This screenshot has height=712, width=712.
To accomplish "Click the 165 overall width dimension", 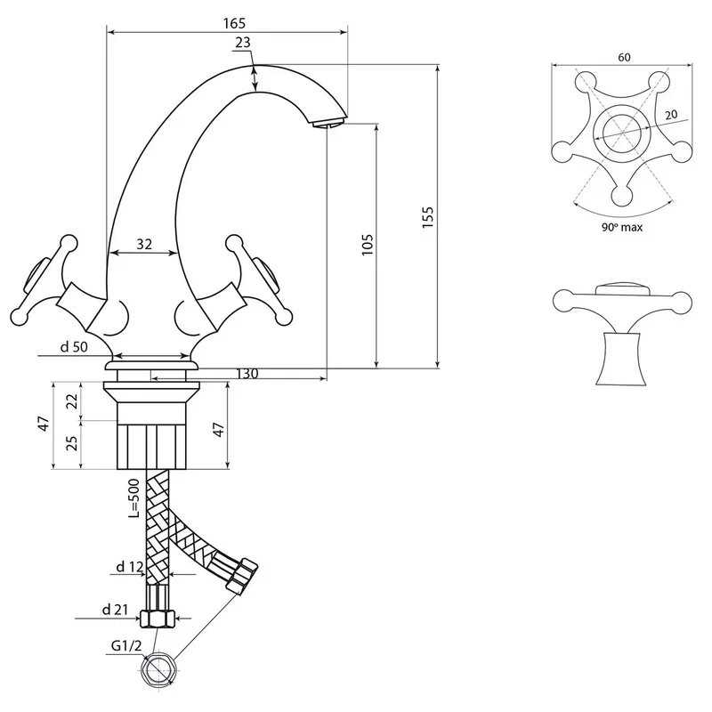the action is [234, 23].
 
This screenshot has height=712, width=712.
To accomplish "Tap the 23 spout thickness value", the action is [243, 42].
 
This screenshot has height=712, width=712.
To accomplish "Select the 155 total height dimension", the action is [428, 217].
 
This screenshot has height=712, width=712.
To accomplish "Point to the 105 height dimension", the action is [368, 245].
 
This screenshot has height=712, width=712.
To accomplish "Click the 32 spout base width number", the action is [144, 244].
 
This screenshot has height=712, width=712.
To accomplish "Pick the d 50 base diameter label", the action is [74, 347].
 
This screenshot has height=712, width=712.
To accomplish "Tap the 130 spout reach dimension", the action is [247, 374].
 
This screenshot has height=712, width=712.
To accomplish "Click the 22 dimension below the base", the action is [72, 401].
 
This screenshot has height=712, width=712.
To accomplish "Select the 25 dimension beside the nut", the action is [72, 443].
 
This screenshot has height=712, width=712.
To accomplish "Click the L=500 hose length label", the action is [134, 499].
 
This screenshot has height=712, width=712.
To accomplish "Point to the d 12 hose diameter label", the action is [130, 567].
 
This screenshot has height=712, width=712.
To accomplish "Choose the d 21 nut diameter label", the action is [116, 610].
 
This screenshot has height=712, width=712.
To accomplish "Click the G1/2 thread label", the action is [126, 645].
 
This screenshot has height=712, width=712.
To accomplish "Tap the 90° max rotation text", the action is [622, 227].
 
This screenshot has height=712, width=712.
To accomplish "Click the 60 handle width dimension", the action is [625, 57].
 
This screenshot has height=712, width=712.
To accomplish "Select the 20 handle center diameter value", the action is [671, 115].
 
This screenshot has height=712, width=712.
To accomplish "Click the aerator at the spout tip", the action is [329, 123].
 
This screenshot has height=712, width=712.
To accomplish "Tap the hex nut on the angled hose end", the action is [242, 576].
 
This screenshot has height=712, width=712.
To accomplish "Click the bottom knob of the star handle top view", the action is [621, 196].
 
